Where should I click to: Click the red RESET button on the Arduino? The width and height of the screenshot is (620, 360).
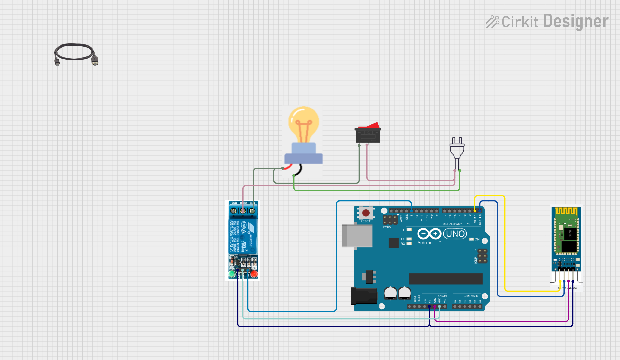[366, 213]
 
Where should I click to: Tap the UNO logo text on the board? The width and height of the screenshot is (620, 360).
[455, 234]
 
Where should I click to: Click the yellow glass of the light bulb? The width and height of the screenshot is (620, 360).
[304, 123]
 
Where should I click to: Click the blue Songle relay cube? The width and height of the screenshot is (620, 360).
[243, 235]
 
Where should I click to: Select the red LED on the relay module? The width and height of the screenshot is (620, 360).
[254, 274]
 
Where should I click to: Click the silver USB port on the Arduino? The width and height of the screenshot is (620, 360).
[357, 236]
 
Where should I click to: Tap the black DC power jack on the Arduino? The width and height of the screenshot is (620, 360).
[364, 296]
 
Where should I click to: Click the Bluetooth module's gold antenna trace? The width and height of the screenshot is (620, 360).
[566, 211]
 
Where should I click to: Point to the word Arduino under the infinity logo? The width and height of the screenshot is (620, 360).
[425, 243]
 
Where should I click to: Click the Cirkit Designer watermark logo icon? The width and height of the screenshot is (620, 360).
[492, 22]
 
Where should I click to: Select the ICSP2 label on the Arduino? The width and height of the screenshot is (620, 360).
[387, 227]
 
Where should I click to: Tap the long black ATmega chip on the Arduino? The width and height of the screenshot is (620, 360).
[446, 279]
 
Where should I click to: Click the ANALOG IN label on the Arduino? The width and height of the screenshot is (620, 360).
[471, 296]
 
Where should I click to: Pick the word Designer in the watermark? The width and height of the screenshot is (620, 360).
[576, 22]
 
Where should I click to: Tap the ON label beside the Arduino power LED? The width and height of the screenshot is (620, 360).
[477, 239]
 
